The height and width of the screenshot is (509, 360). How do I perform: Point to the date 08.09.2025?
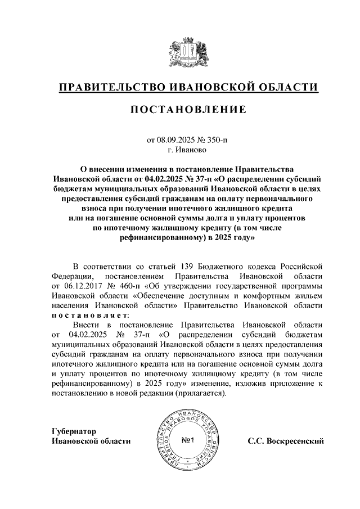pyautogui.click(x=174, y=140)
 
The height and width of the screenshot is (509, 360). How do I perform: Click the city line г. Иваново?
pyautogui.click(x=187, y=150)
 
